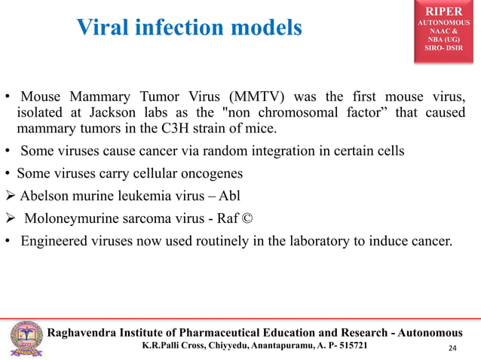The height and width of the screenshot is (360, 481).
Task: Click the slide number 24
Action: (x=451, y=348)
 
